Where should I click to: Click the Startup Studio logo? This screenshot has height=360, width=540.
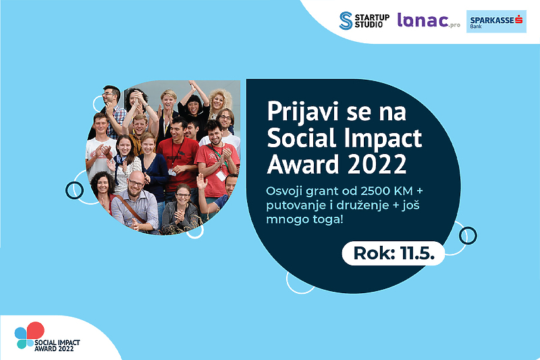[x=364, y=21]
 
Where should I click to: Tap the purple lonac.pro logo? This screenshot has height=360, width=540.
[x=429, y=20]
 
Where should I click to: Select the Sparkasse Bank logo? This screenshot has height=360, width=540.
[x=496, y=22]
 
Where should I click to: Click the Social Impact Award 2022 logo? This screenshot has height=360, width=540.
[x=47, y=337]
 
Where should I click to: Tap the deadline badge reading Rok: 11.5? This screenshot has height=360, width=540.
[x=394, y=253]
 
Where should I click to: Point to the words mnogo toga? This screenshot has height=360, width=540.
[x=305, y=220]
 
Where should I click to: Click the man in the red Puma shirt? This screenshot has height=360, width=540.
[x=178, y=155]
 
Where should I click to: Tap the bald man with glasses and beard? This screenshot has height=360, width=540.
[x=136, y=201]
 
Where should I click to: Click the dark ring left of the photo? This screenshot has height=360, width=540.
[x=74, y=190]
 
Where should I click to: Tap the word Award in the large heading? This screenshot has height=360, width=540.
[x=303, y=164]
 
